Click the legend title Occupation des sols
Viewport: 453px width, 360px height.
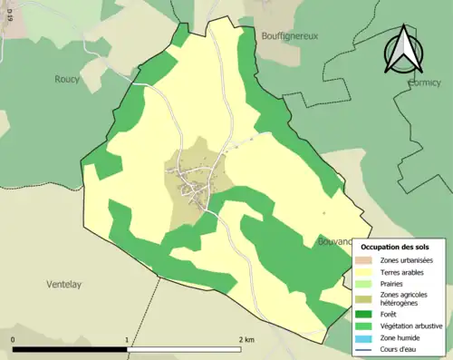[x=395, y=247]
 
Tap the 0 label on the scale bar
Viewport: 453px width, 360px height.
[x=14, y=339]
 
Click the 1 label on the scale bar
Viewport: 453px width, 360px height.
[x=126, y=339]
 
